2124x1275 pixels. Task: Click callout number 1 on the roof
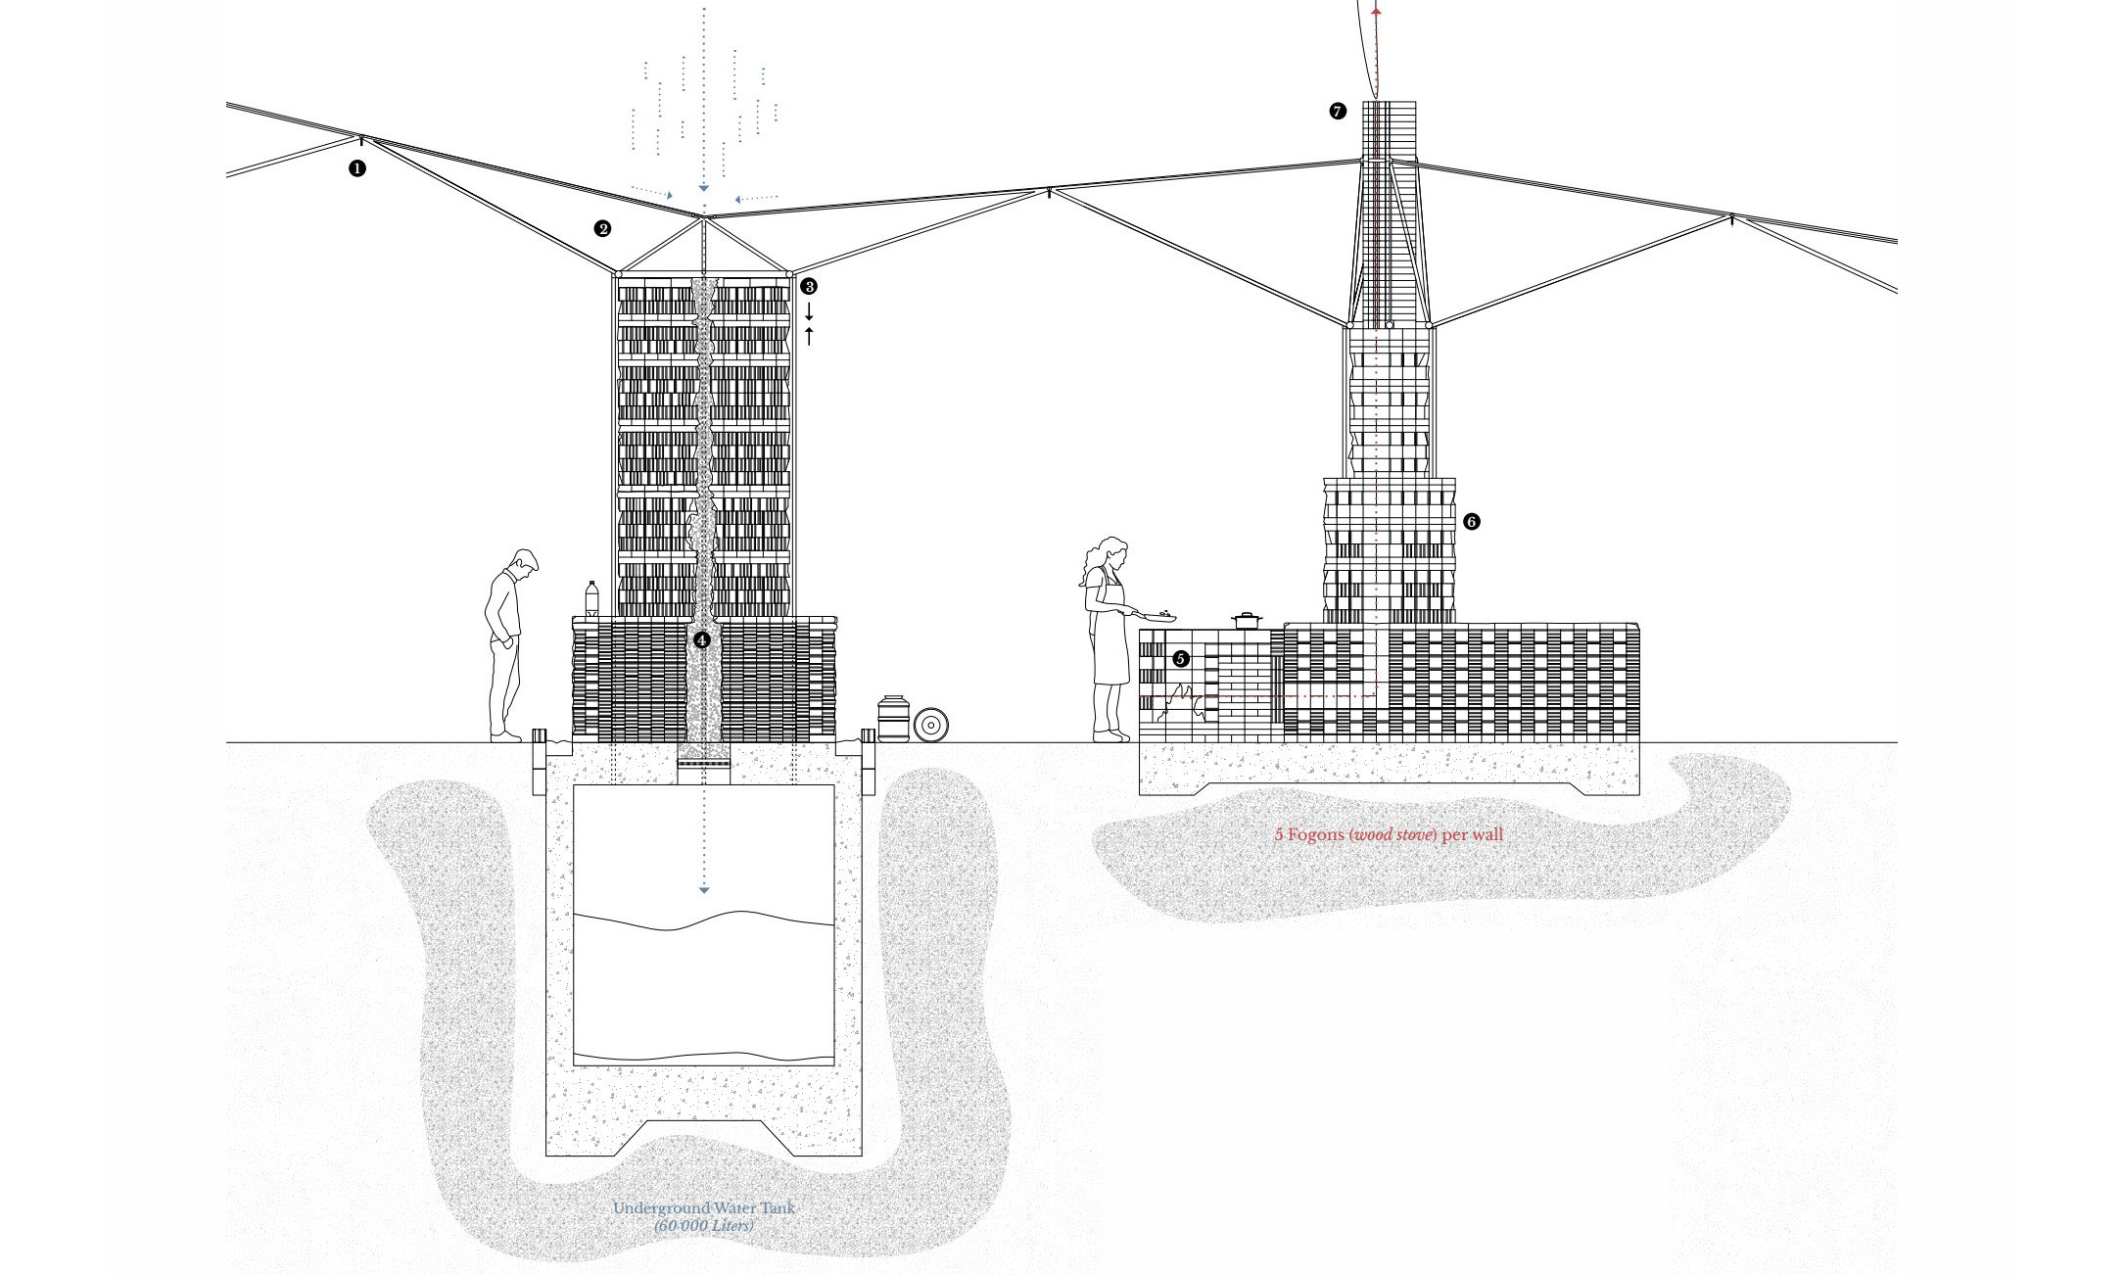pos(357,168)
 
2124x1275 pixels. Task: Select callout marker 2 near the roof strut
pos(602,229)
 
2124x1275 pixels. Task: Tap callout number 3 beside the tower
pos(808,286)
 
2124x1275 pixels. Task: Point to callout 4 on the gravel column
pos(701,640)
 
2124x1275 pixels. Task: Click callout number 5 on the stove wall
pos(1181,659)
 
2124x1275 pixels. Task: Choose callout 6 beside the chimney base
pos(1471,522)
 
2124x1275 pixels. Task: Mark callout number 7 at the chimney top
pos(1338,112)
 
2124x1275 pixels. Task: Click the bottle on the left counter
pos(591,599)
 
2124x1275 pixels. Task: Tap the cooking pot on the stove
pos(1246,620)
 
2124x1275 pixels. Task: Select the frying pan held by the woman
pos(1158,617)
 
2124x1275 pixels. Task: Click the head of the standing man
pos(524,562)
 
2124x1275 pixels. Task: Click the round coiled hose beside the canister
pos(931,725)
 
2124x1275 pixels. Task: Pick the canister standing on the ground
pos(892,719)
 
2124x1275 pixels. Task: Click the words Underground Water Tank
pos(703,1207)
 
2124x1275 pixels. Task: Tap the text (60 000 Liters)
pos(703,1226)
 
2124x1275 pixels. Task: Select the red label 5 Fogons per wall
pos(1388,835)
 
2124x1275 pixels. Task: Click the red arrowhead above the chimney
pos(1376,11)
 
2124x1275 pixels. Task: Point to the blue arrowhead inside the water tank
pos(703,889)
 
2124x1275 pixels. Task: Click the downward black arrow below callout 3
pos(809,313)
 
